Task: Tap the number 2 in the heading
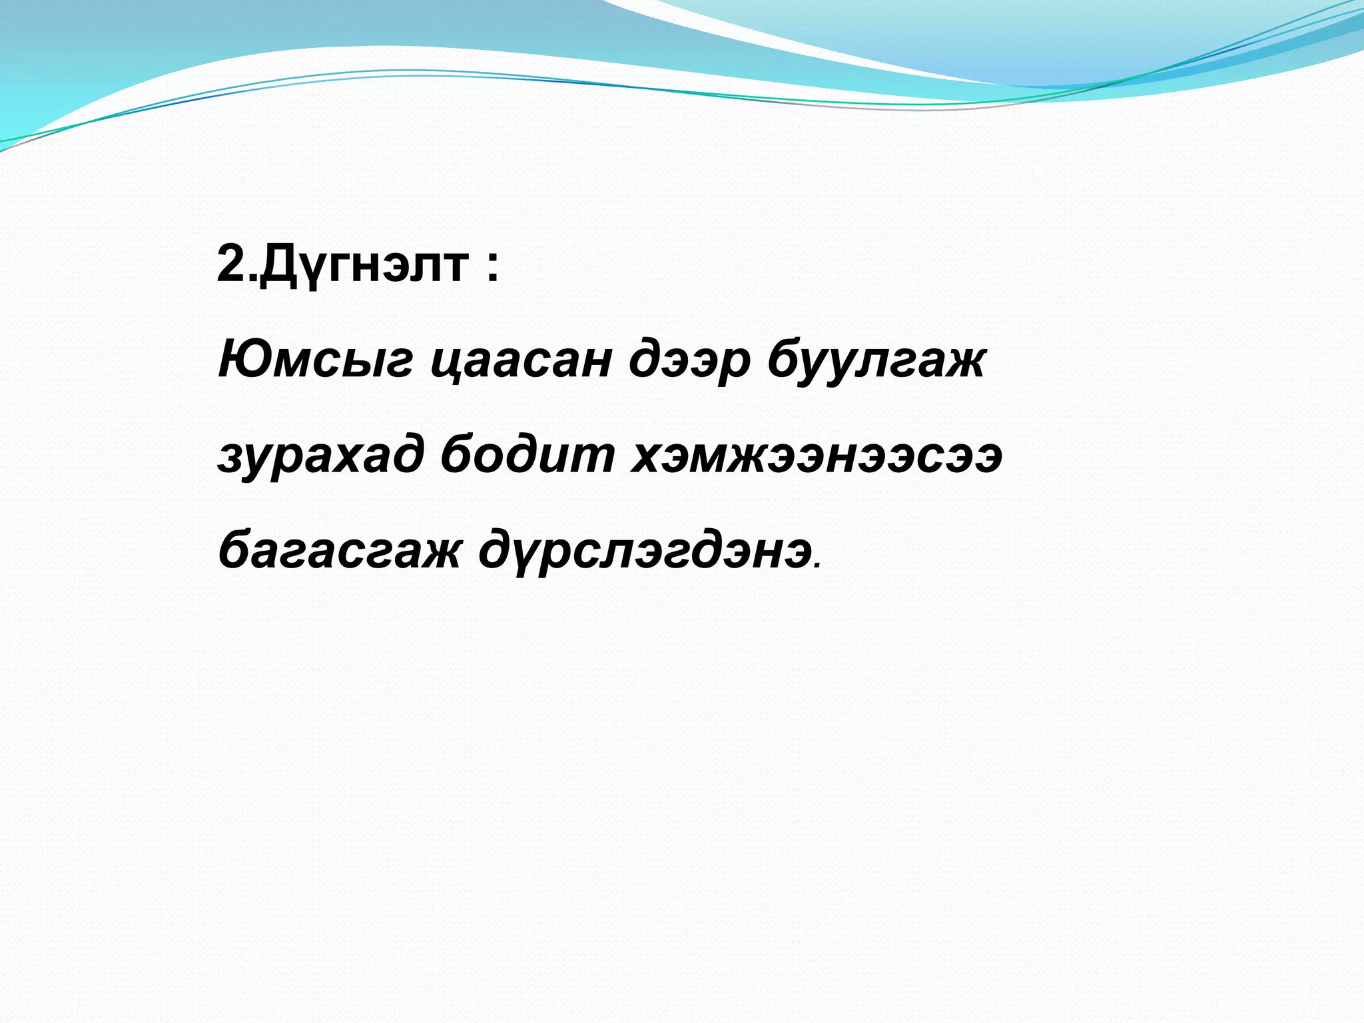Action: pyautogui.click(x=232, y=264)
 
